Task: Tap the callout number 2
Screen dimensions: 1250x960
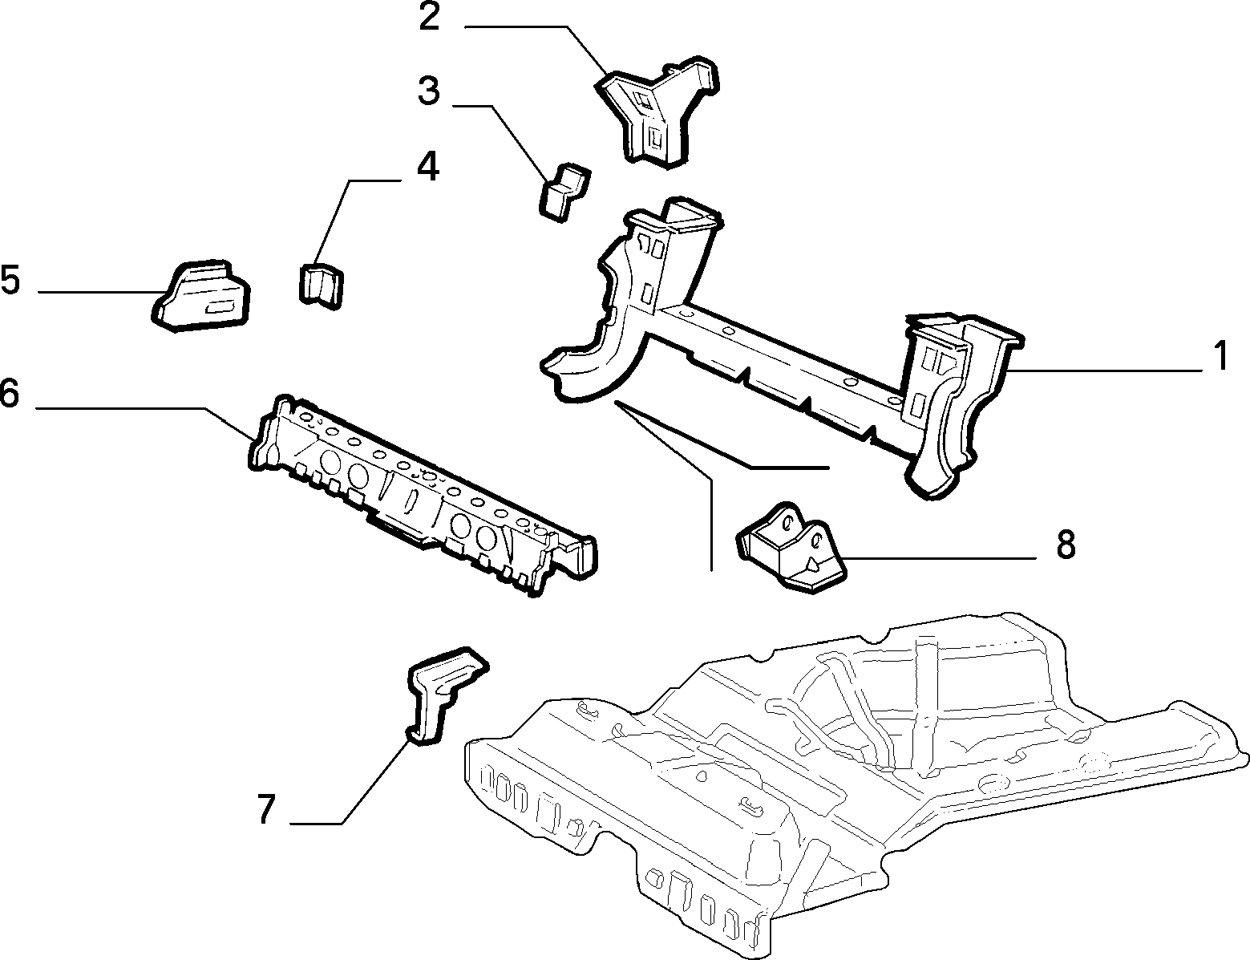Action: tap(429, 18)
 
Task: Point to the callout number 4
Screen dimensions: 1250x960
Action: tap(427, 167)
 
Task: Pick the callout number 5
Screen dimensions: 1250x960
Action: tap(11, 280)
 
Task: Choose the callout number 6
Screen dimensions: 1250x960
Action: tap(10, 393)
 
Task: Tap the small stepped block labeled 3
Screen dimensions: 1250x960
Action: tap(564, 192)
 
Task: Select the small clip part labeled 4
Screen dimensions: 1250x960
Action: tap(322, 286)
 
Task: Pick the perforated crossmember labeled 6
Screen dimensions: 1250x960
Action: tap(423, 495)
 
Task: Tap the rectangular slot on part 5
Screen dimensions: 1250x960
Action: tap(219, 308)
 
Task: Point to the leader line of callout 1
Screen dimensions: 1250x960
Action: tap(1104, 371)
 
